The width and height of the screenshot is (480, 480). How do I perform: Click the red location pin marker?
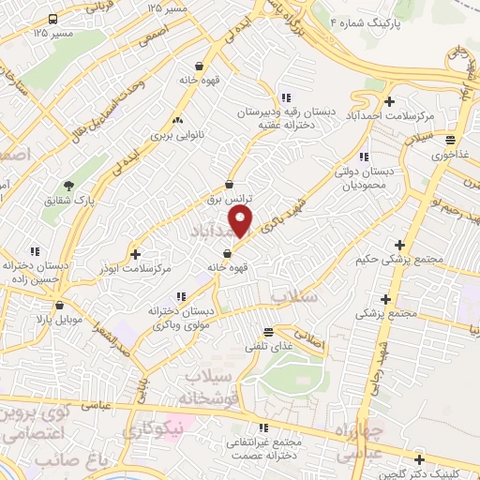(x=243, y=220)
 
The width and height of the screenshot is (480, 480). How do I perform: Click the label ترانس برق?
(x=231, y=200)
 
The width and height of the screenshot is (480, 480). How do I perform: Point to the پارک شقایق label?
(x=68, y=200)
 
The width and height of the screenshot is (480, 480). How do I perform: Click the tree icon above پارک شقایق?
(x=68, y=185)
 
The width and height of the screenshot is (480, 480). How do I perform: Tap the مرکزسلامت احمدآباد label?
(x=389, y=115)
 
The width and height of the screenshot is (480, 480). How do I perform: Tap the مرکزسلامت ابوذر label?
(x=135, y=269)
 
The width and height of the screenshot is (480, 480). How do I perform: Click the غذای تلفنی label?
(x=269, y=347)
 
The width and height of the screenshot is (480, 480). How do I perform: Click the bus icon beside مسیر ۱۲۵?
(x=53, y=19)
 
